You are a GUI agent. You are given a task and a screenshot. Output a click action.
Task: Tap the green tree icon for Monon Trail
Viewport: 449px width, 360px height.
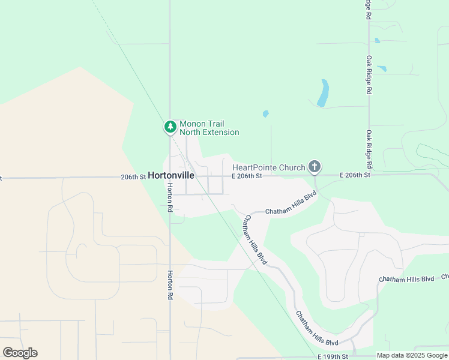tap(170, 127)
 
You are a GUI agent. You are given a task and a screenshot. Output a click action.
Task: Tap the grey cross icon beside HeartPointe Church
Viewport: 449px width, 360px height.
tap(314, 166)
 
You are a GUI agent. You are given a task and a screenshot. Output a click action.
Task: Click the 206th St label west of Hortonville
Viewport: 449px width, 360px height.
tap(133, 177)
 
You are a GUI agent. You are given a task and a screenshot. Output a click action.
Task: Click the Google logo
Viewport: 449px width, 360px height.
tap(20, 353)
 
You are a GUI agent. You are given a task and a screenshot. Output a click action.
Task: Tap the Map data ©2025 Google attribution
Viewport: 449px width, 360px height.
tap(411, 355)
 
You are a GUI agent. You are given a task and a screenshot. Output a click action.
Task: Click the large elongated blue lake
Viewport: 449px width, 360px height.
tap(323, 93)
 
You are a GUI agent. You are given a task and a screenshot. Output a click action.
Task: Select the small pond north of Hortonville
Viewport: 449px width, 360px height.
tap(265, 113)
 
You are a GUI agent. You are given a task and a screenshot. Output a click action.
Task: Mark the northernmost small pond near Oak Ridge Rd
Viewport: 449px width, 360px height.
tap(377, 41)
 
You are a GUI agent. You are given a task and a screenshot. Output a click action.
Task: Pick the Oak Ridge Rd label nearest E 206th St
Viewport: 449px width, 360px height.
tap(369, 149)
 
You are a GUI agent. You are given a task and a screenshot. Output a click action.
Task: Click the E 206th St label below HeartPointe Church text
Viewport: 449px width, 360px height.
tap(247, 176)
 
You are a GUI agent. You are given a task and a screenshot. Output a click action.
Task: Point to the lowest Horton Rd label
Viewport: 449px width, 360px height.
tap(170, 284)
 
